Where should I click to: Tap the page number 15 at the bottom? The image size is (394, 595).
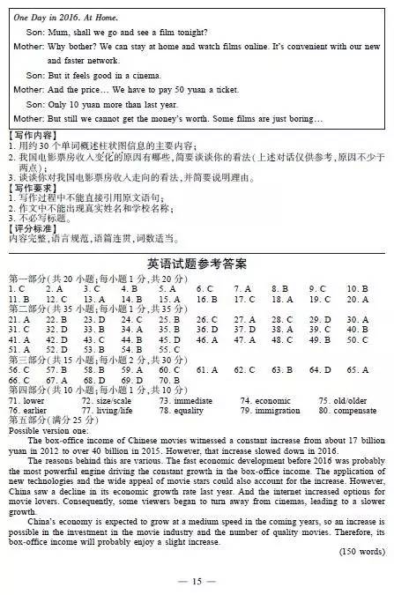pos(197,582)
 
